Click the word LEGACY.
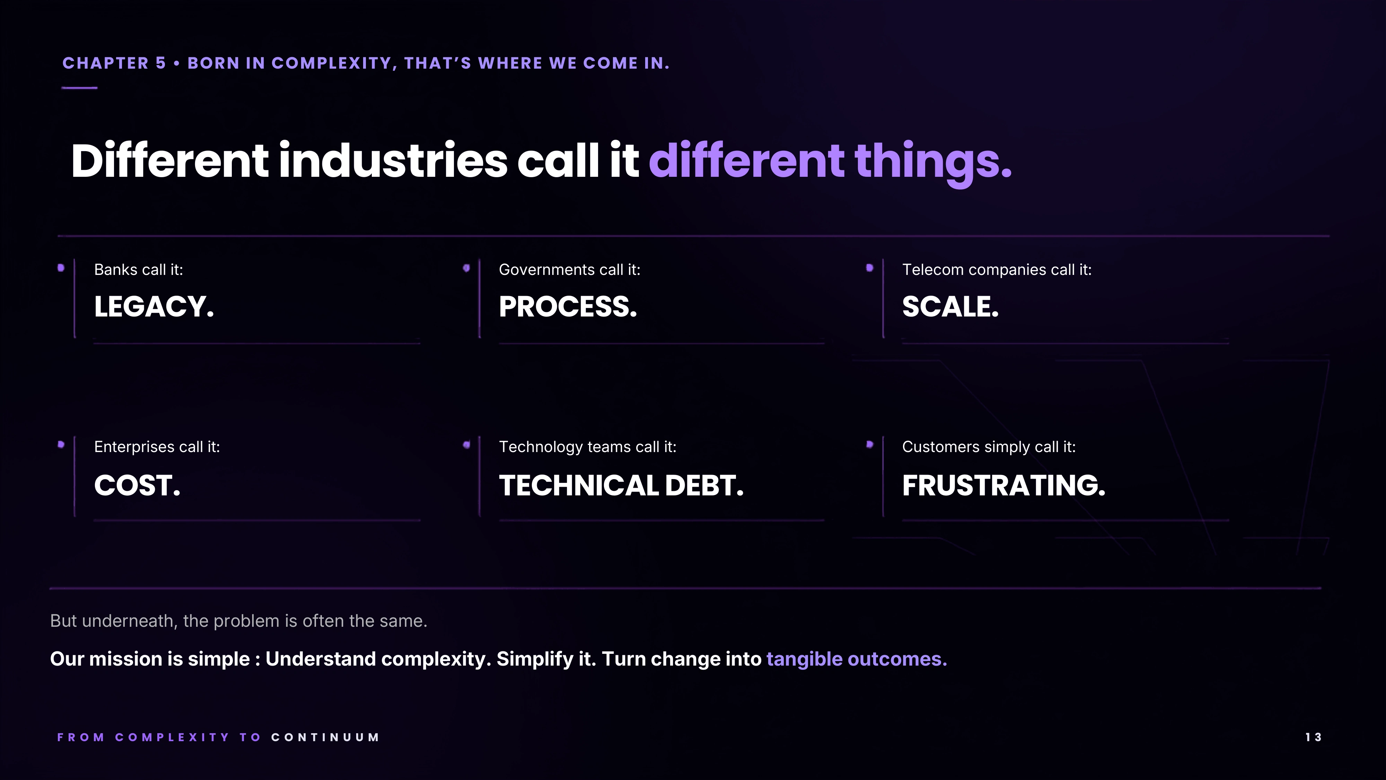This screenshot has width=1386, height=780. click(154, 307)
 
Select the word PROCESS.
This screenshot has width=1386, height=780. click(568, 307)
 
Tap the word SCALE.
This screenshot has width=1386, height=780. click(950, 307)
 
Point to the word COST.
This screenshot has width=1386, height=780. click(137, 486)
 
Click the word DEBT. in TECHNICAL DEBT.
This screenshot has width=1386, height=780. click(704, 486)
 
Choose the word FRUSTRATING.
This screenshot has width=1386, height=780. click(1003, 486)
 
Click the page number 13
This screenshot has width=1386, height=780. click(1313, 737)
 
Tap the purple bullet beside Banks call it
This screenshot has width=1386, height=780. click(61, 268)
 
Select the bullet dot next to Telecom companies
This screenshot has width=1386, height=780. click(869, 268)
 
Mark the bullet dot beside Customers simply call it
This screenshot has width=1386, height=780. click(869, 444)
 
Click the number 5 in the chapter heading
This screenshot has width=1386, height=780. click(161, 63)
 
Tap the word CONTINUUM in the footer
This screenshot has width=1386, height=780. click(325, 737)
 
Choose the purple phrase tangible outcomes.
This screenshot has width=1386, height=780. click(857, 659)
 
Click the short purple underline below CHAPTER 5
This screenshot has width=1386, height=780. click(80, 88)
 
